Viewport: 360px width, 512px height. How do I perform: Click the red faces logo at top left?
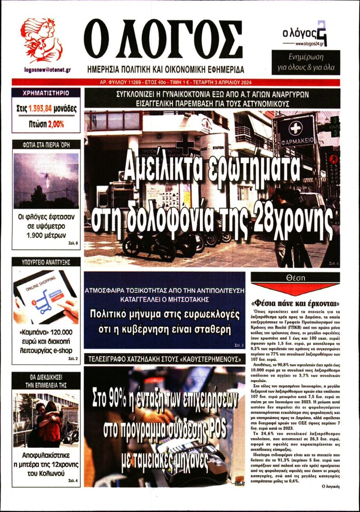click(41, 40)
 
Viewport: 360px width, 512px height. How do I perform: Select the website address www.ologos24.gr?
click(311, 44)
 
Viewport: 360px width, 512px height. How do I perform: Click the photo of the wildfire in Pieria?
click(46, 180)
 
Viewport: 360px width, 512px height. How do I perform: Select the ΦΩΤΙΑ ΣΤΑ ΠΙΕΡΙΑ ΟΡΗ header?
click(46, 145)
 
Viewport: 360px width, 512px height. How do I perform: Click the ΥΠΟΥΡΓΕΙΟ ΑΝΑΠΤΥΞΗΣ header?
click(46, 261)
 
